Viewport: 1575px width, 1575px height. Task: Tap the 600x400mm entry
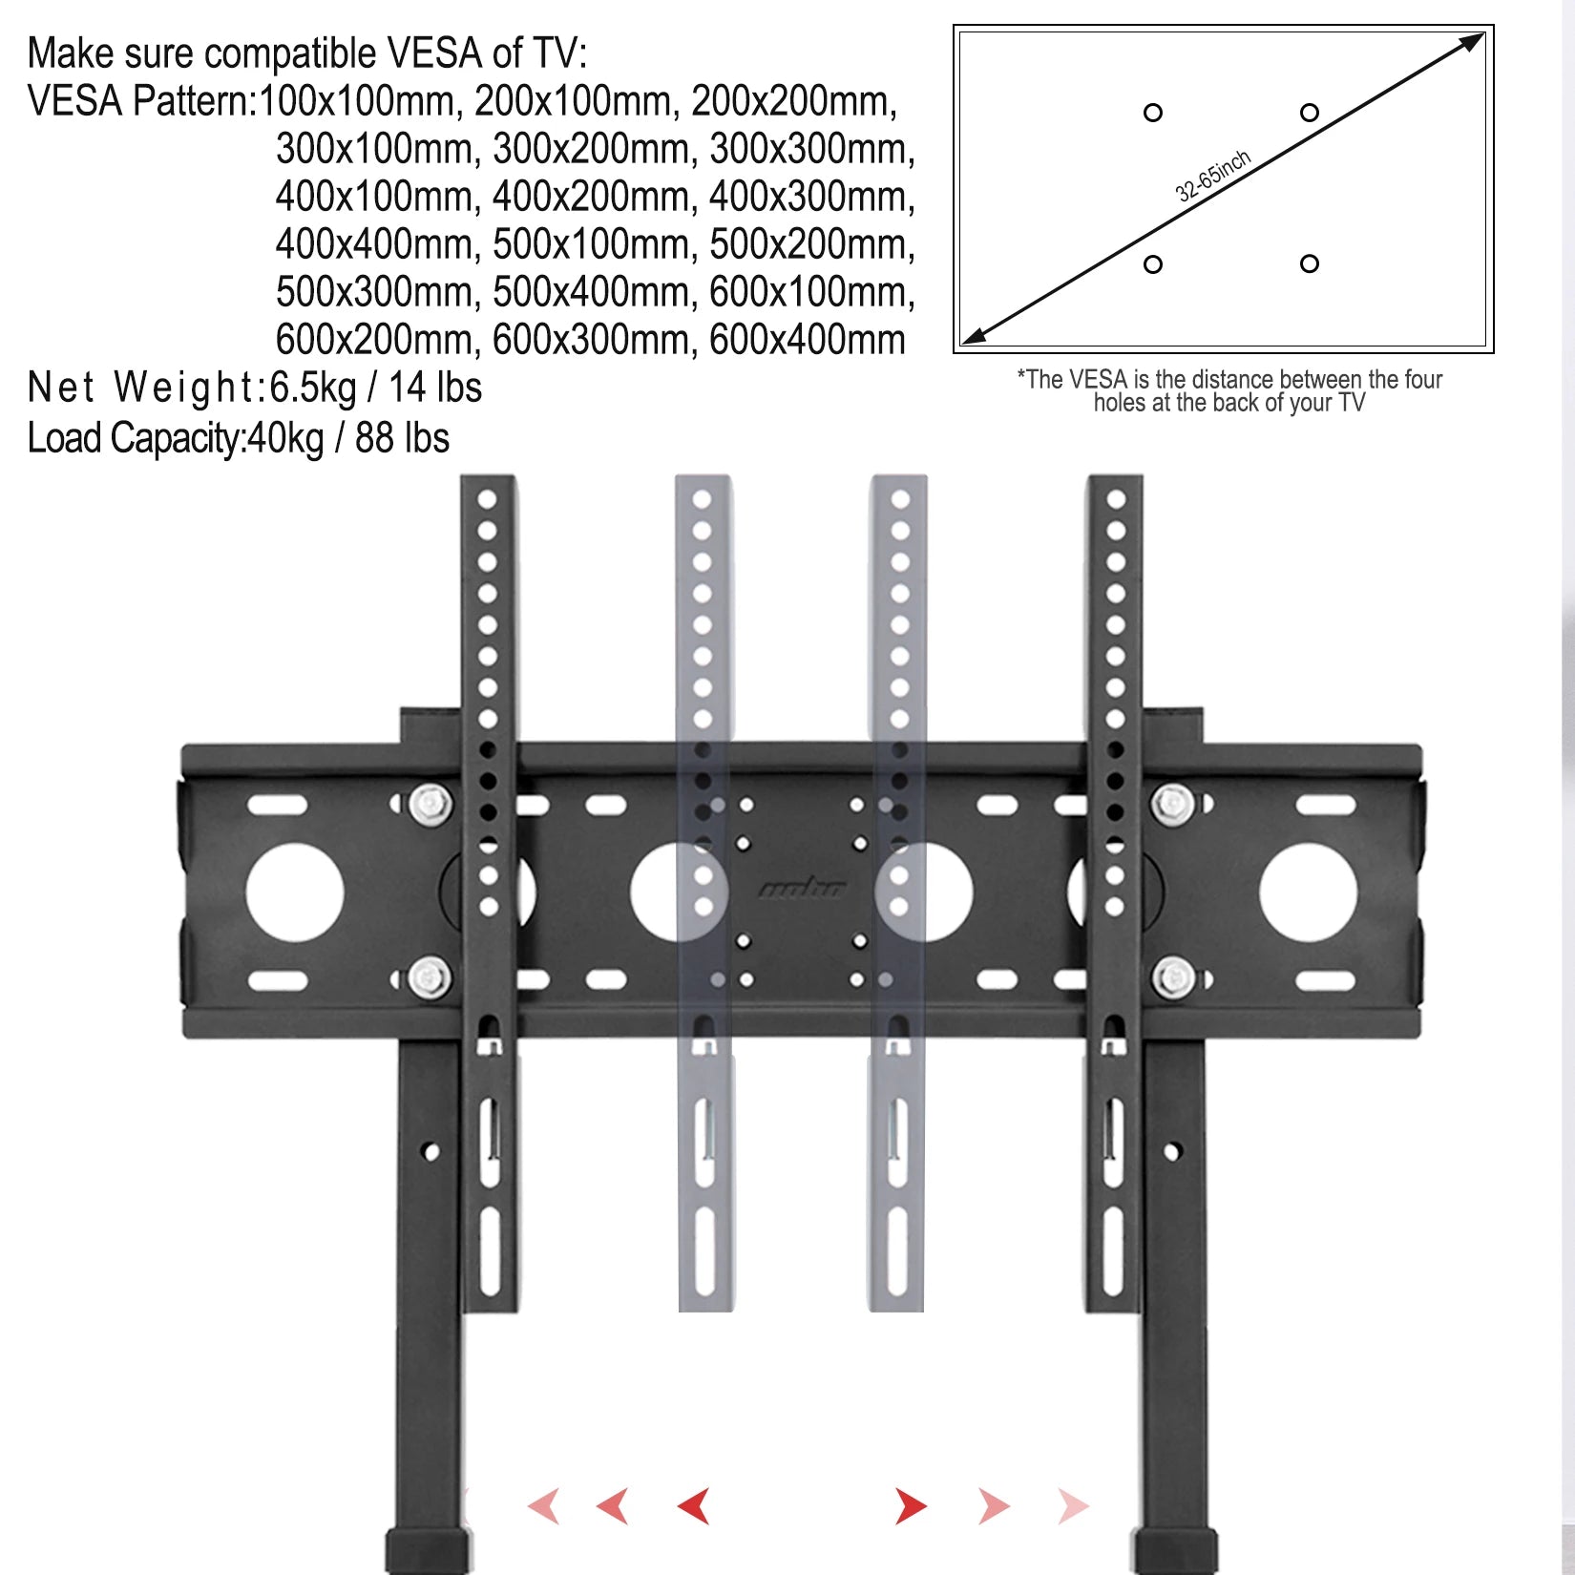pyautogui.click(x=807, y=340)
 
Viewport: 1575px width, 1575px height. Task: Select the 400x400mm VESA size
pyautogui.click(x=376, y=244)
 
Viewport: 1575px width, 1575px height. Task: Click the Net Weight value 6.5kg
pyautogui.click(x=313, y=388)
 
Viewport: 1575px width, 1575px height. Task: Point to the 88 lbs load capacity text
pyautogui.click(x=402, y=439)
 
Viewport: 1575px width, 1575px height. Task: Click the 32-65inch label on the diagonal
pyautogui.click(x=1212, y=177)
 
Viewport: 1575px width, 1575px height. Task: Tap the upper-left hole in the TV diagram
pyautogui.click(x=1153, y=113)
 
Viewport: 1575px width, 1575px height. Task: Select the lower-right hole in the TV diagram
pyautogui.click(x=1310, y=263)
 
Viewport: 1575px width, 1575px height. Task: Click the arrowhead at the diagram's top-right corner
pyautogui.click(x=1473, y=42)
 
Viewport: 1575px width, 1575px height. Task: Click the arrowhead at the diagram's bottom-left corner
pyautogui.click(x=974, y=335)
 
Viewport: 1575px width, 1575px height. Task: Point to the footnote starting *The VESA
pyautogui.click(x=1229, y=391)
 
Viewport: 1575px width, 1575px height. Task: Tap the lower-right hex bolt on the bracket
pyautogui.click(x=1173, y=979)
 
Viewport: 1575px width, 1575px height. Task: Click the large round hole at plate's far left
pyautogui.click(x=294, y=892)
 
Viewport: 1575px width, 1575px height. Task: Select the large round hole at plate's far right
pyautogui.click(x=1308, y=892)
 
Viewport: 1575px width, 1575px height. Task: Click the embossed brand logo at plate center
pyautogui.click(x=802, y=890)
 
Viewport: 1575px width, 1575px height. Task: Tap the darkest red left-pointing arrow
pyautogui.click(x=694, y=1506)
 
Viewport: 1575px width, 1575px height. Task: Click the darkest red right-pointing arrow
pyautogui.click(x=911, y=1506)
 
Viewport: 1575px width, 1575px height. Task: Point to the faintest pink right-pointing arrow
pyautogui.click(x=1073, y=1506)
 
